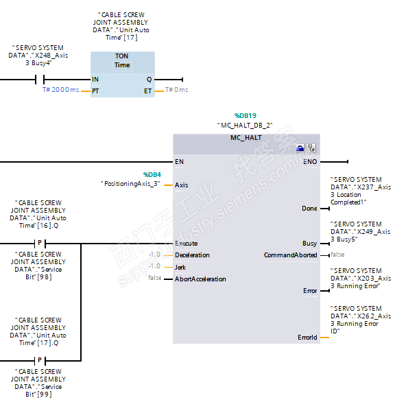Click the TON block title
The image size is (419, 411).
coord(122,56)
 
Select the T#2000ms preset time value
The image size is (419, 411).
coord(61,90)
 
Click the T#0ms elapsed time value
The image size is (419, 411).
coord(177,90)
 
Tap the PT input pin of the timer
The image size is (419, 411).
coord(95,90)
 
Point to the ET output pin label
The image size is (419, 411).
coord(148,90)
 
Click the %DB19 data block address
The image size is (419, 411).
coord(245,116)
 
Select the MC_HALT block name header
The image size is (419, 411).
coord(246,137)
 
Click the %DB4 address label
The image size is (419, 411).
coord(152,174)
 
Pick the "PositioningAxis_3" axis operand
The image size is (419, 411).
coord(130,184)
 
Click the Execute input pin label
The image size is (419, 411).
coord(186,243)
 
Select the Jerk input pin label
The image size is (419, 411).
coord(180,266)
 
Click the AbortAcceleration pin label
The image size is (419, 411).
coord(200,279)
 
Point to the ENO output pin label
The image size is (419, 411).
coord(310,162)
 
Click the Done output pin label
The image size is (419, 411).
coord(309,208)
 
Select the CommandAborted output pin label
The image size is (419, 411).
coord(291,255)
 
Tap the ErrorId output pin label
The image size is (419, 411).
coord(307,337)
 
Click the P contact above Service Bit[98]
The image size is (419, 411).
coord(39,244)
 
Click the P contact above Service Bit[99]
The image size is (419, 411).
coord(39,360)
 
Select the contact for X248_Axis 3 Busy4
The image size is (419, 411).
coord(39,79)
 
